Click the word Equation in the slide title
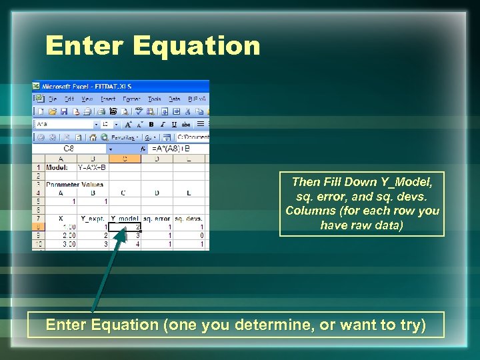click(196, 46)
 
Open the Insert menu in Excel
click(108, 99)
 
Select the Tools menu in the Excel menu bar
click(154, 99)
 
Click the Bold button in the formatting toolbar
click(151, 124)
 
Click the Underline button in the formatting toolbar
click(174, 124)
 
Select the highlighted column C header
click(125, 159)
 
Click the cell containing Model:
click(59, 167)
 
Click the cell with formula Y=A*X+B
click(91, 167)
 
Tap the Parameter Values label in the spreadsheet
click(75, 185)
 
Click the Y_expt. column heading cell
click(93, 219)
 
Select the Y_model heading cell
click(125, 219)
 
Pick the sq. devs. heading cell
click(189, 219)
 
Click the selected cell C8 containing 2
click(125, 227)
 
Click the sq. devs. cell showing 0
click(189, 235)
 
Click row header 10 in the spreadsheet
click(38, 245)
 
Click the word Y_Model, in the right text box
click(407, 182)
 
